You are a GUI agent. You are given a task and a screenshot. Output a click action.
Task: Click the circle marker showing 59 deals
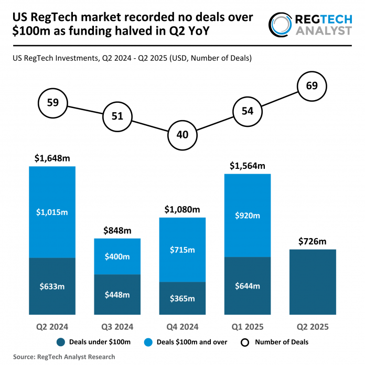(53, 102)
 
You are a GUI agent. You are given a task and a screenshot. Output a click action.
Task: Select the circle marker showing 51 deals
(117, 116)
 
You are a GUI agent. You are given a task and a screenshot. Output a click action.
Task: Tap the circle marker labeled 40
(182, 134)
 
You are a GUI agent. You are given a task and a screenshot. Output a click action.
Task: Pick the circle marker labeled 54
(247, 111)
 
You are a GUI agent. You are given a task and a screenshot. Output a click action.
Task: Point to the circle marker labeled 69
(312, 85)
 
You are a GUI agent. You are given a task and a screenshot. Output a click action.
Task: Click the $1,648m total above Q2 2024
(52, 158)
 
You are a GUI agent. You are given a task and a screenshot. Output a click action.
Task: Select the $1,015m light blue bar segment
(52, 212)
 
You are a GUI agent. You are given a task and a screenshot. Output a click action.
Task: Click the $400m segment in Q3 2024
(117, 256)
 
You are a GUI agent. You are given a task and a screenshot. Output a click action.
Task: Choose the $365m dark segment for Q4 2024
(182, 298)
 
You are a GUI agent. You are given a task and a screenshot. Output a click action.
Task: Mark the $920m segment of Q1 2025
(247, 215)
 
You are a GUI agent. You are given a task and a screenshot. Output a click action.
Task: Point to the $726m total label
(312, 241)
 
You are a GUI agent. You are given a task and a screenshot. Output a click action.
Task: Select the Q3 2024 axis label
(117, 327)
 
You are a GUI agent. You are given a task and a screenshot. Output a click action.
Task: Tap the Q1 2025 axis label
(247, 327)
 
